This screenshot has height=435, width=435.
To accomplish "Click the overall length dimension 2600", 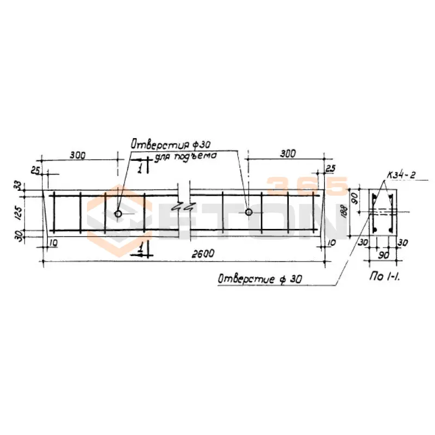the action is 203,254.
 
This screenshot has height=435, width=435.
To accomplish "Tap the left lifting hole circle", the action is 118,214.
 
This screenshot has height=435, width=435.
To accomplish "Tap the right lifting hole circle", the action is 248,212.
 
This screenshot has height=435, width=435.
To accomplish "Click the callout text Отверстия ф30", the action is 171,144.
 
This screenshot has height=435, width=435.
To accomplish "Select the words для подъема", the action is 185,157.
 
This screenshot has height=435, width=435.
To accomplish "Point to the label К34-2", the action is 401,175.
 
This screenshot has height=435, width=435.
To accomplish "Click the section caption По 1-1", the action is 384,276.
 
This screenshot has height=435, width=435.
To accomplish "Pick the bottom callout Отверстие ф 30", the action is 260,279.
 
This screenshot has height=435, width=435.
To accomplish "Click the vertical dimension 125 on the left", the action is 20,213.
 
